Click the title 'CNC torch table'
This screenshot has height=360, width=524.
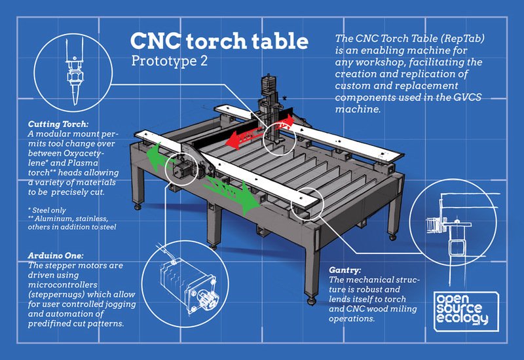(219, 41)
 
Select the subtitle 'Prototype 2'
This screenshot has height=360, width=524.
(169, 61)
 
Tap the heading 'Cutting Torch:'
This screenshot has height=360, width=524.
(58, 124)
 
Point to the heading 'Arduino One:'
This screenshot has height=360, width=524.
(56, 255)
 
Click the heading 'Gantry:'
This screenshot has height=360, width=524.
(345, 270)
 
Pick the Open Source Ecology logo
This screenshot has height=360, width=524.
(466, 312)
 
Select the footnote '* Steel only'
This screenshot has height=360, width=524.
(47, 210)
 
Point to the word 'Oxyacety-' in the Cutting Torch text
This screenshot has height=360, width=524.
(83, 153)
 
